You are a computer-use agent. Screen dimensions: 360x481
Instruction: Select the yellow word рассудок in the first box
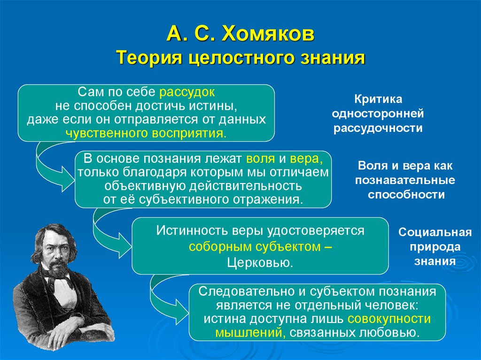point(187,92)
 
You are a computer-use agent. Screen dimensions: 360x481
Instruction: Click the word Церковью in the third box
point(260,262)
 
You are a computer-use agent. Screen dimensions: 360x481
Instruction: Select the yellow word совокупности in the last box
point(389,319)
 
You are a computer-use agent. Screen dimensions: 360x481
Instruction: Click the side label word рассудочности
point(378,128)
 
